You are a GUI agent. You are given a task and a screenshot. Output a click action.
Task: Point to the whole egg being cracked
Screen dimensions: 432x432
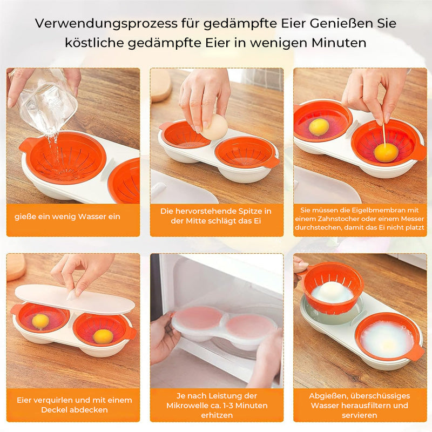(215, 127)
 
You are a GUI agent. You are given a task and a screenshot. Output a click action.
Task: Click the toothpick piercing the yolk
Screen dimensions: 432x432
(383, 137)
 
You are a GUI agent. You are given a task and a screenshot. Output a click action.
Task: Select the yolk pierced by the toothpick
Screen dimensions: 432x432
(386, 153)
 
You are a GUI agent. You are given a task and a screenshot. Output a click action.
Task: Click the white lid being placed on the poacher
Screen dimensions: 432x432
(75, 299)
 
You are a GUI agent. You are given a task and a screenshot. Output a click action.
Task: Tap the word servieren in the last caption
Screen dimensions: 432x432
(359, 415)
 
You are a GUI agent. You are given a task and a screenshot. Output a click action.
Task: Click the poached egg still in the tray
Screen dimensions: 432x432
(387, 340)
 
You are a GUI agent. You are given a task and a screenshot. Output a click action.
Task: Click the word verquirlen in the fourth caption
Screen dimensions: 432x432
(56, 400)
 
